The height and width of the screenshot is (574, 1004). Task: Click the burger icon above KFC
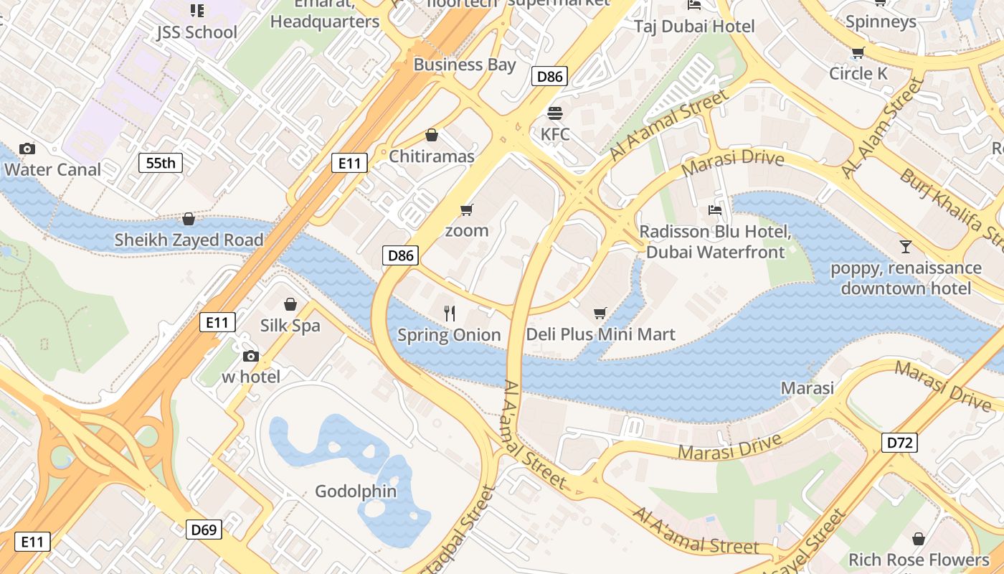[555, 113]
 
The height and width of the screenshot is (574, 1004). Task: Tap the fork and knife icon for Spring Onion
[450, 313]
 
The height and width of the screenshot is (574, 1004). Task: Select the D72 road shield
[899, 443]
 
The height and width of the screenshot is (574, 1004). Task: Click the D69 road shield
[204, 530]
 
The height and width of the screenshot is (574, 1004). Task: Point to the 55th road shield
[161, 163]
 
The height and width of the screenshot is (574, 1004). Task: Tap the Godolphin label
[356, 491]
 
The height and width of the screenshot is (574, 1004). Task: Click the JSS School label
[196, 32]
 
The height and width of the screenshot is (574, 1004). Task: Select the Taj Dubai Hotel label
[694, 27]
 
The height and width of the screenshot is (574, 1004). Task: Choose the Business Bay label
[465, 65]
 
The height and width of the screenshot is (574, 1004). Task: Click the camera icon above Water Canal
[27, 149]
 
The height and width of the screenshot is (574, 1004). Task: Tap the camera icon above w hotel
[250, 356]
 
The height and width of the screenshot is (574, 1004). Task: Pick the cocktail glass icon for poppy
[906, 247]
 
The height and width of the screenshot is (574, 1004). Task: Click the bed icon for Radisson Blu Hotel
[715, 210]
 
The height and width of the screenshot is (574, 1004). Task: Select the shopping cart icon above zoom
[467, 210]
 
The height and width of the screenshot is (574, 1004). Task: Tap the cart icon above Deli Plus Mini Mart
[600, 313]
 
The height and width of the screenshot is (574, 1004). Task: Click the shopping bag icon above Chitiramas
[432, 135]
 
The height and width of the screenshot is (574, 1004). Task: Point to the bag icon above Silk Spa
[290, 304]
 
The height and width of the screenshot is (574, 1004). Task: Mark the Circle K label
[858, 73]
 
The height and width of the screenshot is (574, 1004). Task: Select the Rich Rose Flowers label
[919, 559]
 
